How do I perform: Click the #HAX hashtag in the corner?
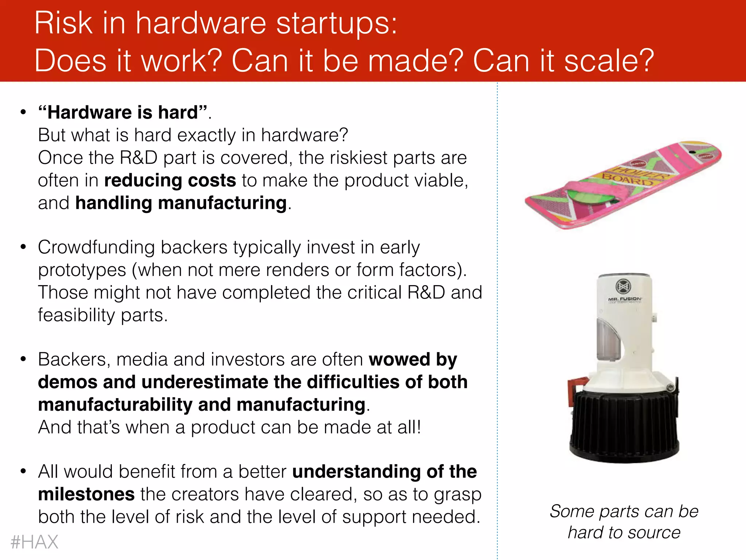[34, 542]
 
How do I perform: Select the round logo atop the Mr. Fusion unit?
[623, 286]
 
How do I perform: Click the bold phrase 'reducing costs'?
[170, 180]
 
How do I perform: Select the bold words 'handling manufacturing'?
[181, 203]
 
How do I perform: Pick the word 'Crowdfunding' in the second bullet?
[96, 248]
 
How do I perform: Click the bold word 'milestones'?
[86, 494]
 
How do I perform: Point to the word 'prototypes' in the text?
[82, 270]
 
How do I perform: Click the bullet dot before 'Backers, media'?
[23, 359]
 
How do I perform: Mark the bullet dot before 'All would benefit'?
[23, 471]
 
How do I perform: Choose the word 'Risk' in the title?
[63, 23]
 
